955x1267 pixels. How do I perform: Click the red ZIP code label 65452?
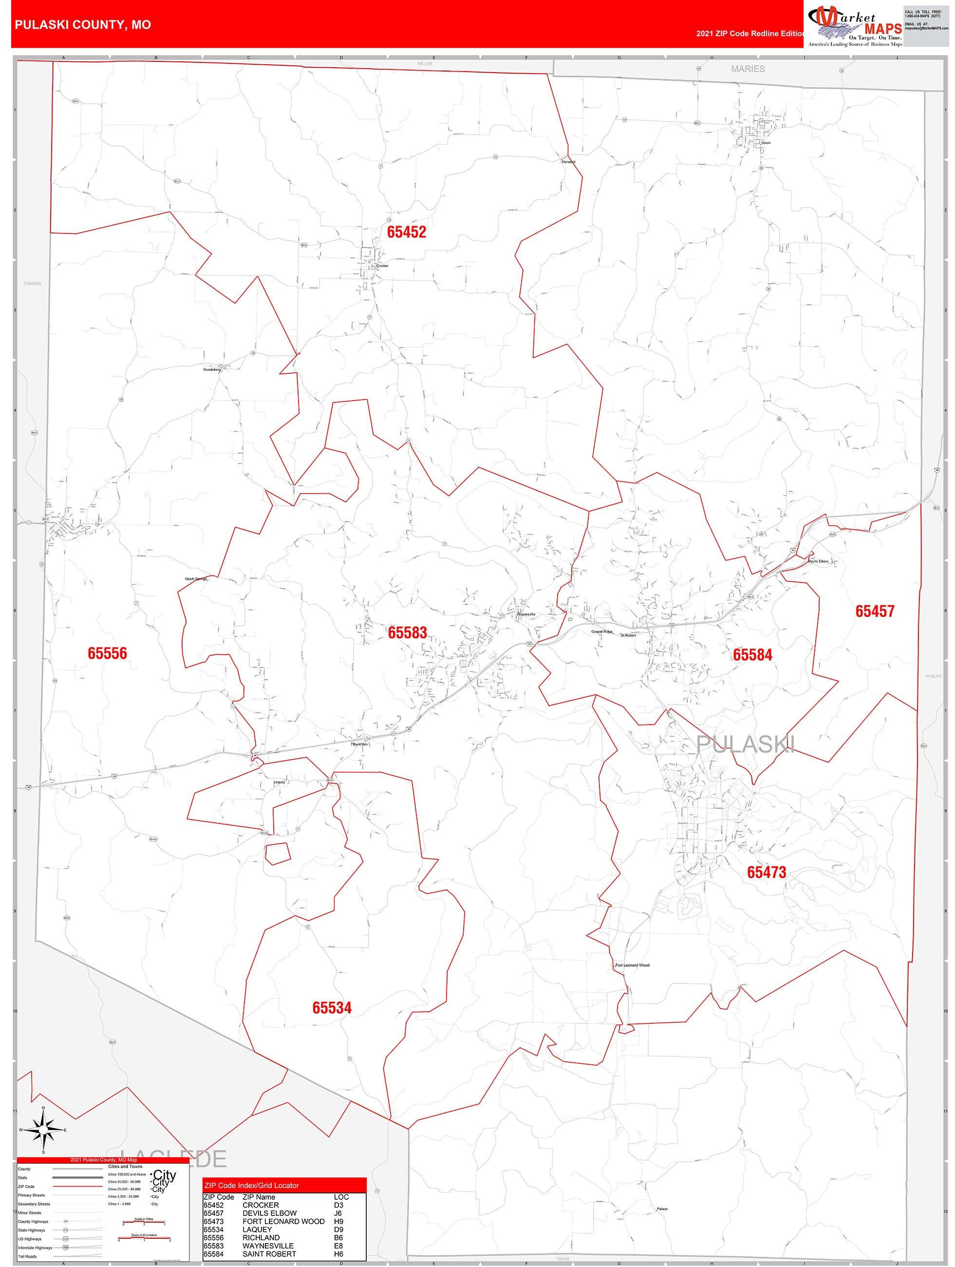coord(407,232)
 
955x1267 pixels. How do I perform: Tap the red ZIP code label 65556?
coord(107,653)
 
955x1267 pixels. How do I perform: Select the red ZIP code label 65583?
coord(407,633)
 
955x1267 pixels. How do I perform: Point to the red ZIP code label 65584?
coord(752,654)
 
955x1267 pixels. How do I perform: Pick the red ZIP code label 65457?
coord(874,611)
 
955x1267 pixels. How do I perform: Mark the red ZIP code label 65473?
coord(766,872)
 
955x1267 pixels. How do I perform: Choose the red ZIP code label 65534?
coord(332,1008)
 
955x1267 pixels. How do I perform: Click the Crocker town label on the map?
coord(382,266)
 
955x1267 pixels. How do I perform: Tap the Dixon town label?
coord(766,143)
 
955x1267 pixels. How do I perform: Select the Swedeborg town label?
coord(211,369)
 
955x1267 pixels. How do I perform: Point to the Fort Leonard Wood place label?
coord(632,965)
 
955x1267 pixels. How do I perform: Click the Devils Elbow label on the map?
coord(818,561)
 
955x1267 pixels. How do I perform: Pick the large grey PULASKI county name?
coord(745,744)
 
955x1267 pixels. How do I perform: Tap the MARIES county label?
coord(748,69)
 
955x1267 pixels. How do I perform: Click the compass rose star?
coord(43,1130)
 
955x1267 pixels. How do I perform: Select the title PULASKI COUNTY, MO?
coord(83,25)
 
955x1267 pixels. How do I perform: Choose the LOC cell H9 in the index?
coord(338,1221)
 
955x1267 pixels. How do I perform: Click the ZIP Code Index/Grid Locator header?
coord(251,1185)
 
